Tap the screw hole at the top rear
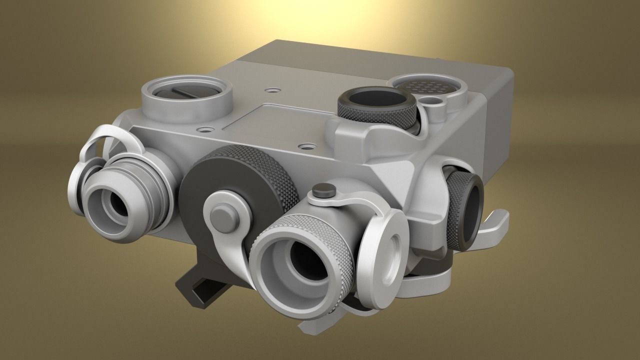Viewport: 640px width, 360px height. (x=271, y=90)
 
